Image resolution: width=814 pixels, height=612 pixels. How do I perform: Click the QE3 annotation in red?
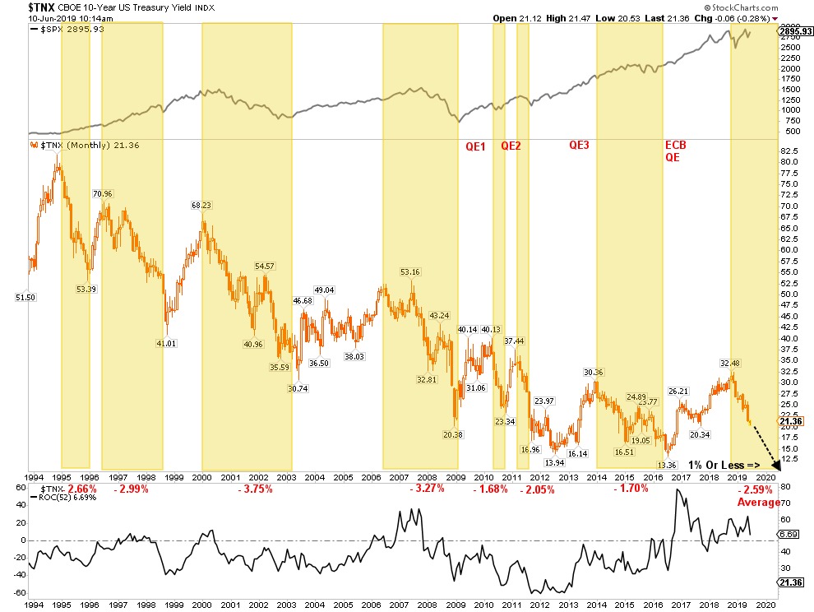[x=580, y=146]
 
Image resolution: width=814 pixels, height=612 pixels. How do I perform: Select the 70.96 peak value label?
[x=103, y=194]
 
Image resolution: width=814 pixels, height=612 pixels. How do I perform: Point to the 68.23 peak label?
[x=201, y=206]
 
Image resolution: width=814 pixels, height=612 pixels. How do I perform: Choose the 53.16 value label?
[x=410, y=272]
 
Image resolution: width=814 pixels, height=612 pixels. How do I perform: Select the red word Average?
[x=759, y=503]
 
